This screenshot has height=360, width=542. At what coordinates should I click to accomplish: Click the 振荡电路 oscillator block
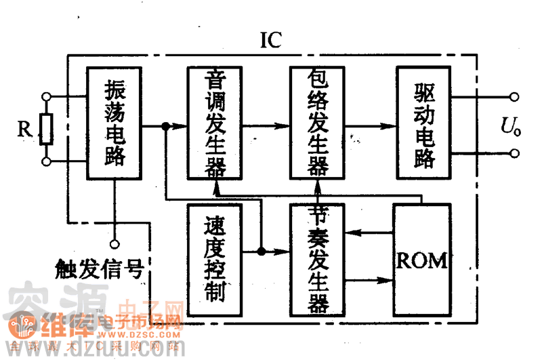(114, 123)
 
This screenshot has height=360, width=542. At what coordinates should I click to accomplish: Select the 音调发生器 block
(215, 123)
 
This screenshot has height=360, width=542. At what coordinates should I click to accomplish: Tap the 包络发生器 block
(317, 123)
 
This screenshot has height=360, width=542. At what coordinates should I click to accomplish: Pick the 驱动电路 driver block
(423, 123)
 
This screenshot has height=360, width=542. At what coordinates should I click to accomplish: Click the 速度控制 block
(215, 260)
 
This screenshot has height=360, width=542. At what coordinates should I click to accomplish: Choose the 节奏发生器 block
(317, 260)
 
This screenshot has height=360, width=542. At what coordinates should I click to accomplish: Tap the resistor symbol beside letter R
(46, 129)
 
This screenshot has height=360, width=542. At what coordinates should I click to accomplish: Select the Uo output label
(511, 125)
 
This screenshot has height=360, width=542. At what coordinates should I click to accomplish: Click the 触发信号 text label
(99, 270)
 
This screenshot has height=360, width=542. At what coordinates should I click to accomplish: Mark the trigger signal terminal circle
(114, 243)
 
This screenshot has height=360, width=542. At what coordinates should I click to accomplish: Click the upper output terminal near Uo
(515, 97)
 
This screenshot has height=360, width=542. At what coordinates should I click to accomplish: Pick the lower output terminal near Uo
(515, 153)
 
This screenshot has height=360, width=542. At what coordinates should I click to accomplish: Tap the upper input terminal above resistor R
(46, 97)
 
